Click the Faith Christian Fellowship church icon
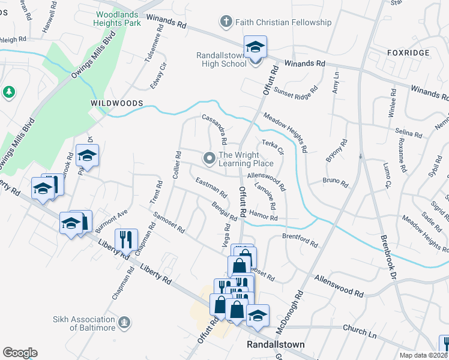click(227, 23)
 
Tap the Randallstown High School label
click(221, 59)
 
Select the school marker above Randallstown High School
click(255, 47)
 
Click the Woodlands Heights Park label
click(118, 19)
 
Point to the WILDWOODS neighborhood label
click(116, 103)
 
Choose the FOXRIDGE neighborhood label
click(409, 53)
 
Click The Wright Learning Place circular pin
click(209, 158)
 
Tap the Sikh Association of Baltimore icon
click(124, 323)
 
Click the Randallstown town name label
click(276, 345)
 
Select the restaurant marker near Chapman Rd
click(126, 240)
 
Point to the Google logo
click(20, 353)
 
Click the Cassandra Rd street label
click(214, 130)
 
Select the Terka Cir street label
click(273, 148)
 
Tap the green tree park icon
click(8, 92)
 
